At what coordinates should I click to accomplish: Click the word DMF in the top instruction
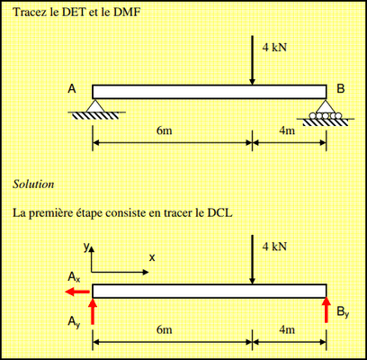[129, 13]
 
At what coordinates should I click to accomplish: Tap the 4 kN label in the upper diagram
[274, 47]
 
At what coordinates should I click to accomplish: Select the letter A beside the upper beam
[72, 89]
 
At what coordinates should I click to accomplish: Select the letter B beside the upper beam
[341, 89]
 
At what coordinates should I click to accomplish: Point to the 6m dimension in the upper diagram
[165, 130]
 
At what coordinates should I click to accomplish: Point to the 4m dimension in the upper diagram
[287, 130]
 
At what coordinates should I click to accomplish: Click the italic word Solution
[33, 184]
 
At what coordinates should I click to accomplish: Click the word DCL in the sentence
[219, 212]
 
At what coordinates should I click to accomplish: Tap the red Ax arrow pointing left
[77, 292]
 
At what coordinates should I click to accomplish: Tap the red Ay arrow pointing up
[93, 311]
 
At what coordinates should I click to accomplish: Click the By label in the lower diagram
[343, 312]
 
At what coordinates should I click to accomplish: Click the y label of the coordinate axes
[86, 247]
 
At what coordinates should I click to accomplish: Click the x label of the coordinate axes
[152, 257]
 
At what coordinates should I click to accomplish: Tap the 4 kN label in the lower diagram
[274, 247]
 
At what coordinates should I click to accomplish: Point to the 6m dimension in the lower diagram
[165, 329]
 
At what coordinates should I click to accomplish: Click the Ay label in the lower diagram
[74, 322]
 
